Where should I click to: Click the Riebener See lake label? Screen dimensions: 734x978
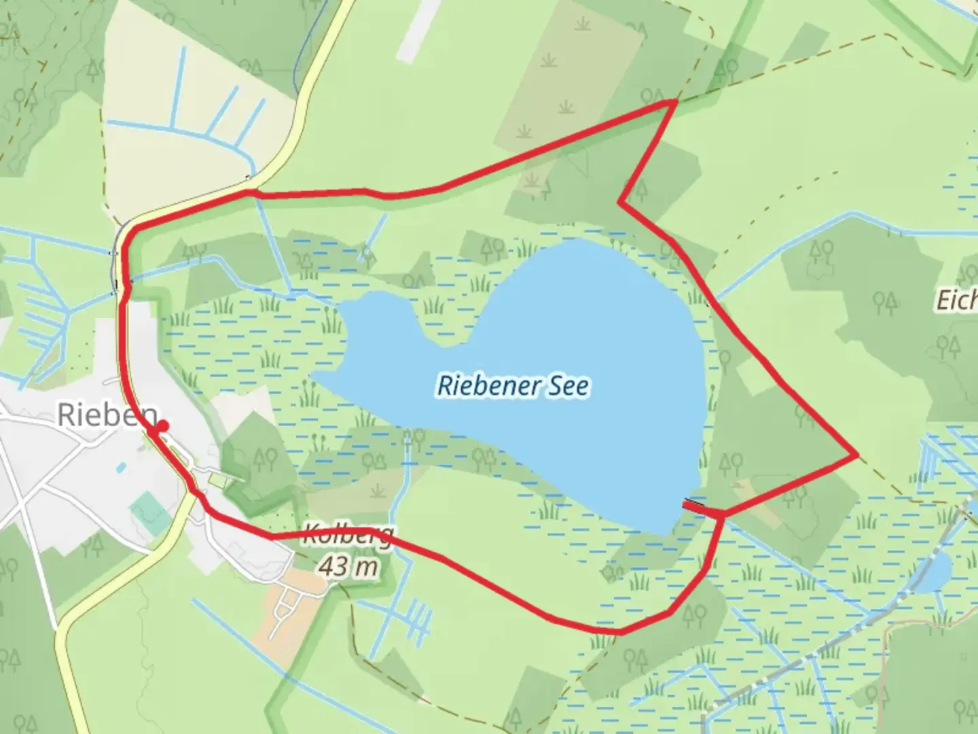point(513,386)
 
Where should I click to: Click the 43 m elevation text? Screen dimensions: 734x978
point(348,565)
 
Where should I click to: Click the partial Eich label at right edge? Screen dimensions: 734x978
point(958,299)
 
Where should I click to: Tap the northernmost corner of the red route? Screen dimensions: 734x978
point(674,101)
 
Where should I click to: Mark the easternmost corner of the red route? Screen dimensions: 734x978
point(857,455)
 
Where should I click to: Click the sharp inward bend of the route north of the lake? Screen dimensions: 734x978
point(620,202)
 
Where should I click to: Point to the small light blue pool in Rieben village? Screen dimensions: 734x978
point(120,468)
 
